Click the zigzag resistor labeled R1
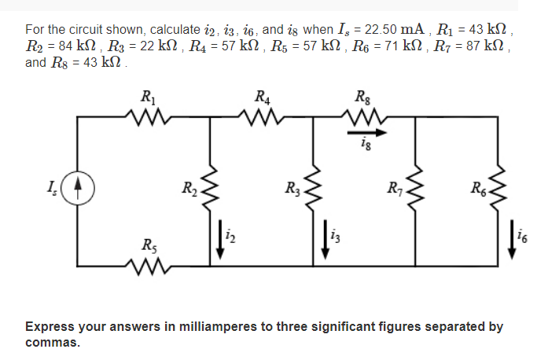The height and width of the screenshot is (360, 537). coord(149,119)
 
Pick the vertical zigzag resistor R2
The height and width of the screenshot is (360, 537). coord(211,189)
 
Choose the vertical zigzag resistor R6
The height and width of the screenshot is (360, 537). coord(498,189)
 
